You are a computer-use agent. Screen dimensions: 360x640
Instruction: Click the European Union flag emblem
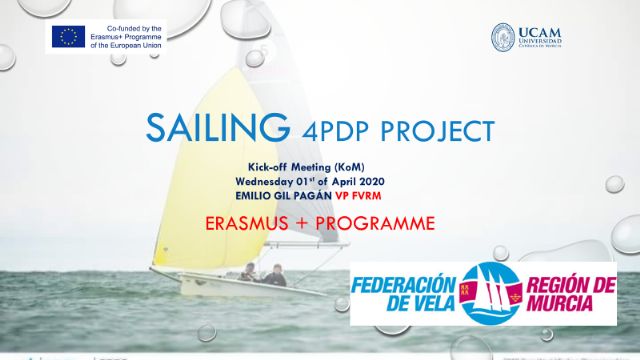(68, 36)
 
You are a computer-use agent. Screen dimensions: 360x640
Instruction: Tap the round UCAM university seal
(503, 37)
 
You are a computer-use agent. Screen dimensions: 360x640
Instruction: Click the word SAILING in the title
(207, 128)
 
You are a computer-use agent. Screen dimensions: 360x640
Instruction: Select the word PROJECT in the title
(437, 130)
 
